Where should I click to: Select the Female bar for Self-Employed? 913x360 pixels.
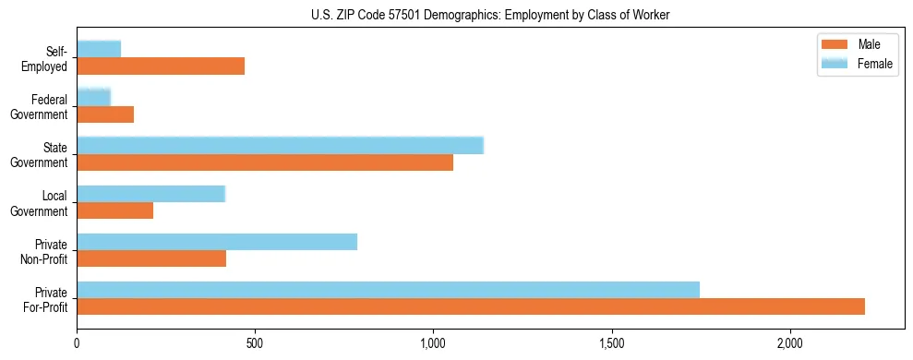[99, 49]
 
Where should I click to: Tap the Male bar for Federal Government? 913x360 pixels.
[105, 114]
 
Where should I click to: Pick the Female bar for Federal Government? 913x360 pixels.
[93, 97]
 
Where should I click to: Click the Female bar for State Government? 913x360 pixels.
[280, 145]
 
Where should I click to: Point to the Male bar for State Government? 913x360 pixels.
[265, 162]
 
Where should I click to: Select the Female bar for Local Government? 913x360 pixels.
[150, 194]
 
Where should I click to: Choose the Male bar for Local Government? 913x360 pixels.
[115, 210]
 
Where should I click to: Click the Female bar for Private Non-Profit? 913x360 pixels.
[217, 242]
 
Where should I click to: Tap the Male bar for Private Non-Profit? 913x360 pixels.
[151, 258]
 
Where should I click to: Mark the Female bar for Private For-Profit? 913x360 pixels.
[388, 290]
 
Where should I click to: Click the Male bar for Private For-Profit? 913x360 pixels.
[471, 306]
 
